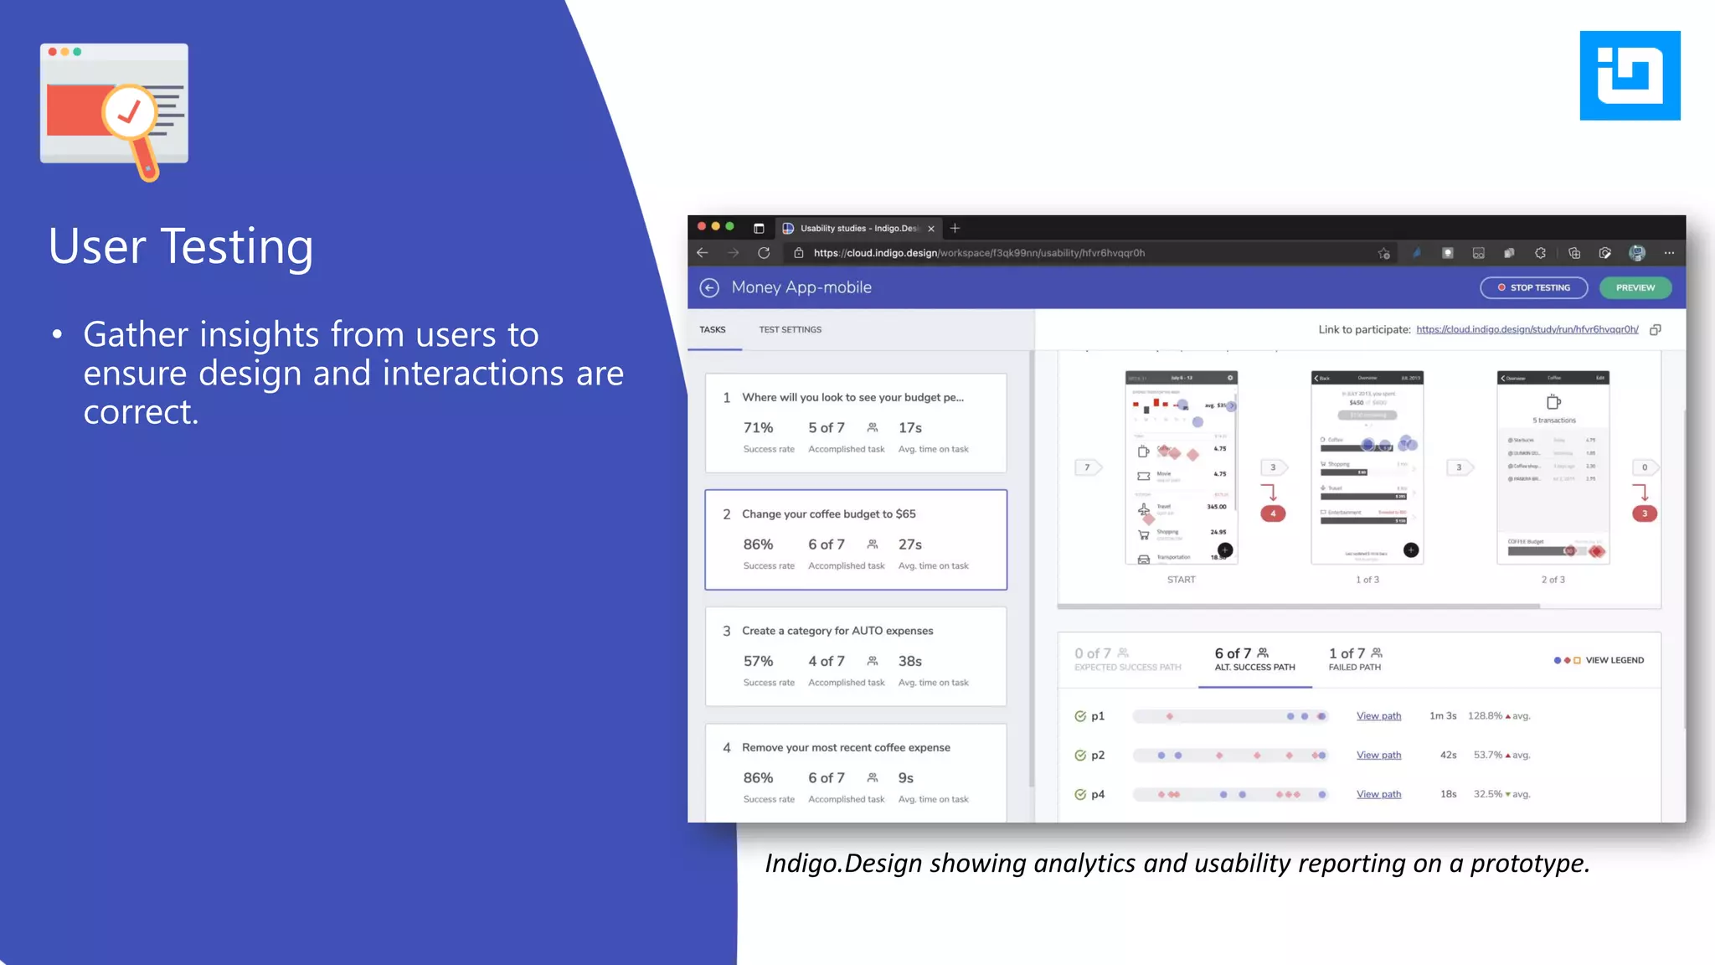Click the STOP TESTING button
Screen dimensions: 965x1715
1533,287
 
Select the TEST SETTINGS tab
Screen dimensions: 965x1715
790,330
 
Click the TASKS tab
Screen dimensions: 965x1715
713,330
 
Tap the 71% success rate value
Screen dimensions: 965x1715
758,428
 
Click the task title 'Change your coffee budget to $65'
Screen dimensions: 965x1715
828,514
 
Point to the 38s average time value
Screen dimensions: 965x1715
909,662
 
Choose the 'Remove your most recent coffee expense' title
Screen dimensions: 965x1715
846,748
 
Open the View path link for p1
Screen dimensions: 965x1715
1378,716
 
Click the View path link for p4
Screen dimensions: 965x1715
1378,794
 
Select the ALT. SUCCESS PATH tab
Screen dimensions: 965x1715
1254,660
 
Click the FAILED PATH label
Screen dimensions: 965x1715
1354,668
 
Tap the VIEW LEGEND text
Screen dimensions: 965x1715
1614,660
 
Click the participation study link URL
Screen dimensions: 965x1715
1527,330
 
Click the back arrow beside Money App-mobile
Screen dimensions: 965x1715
709,288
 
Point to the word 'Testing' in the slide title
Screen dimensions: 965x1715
236,247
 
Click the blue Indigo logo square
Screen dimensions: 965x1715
1630,75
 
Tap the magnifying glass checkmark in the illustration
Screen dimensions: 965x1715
129,112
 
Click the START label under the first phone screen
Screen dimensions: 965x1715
1181,580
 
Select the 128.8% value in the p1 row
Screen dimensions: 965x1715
1485,716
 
